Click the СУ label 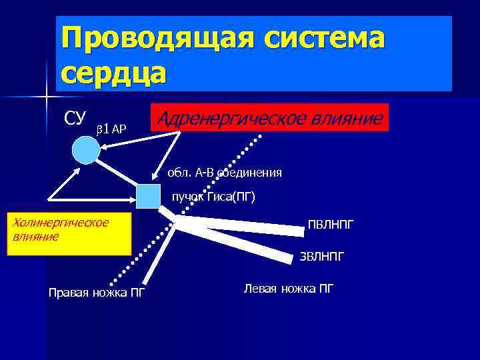tap(75, 118)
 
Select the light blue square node tap(147, 195)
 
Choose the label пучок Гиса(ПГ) tap(213, 197)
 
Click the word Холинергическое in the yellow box tap(61, 221)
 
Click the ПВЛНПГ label tap(331, 225)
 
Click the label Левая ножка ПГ tap(289, 289)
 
